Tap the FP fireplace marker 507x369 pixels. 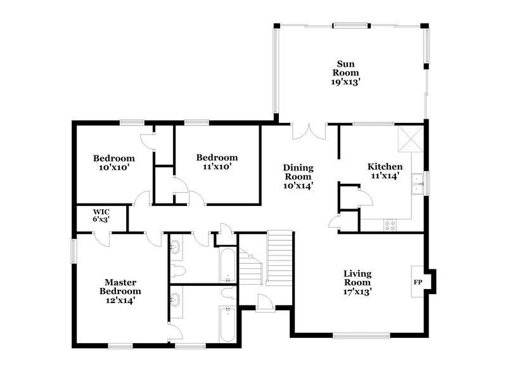[x=418, y=281]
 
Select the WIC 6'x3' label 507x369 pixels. [x=101, y=216]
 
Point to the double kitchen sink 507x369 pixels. [x=418, y=184]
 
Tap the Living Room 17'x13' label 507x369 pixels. [x=357, y=283]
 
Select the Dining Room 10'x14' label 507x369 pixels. [x=298, y=177]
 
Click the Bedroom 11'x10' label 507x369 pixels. [x=217, y=162]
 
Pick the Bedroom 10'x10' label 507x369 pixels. [x=114, y=162]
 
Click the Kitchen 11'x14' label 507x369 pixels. [x=385, y=172]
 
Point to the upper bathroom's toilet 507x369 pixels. [x=180, y=271]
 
